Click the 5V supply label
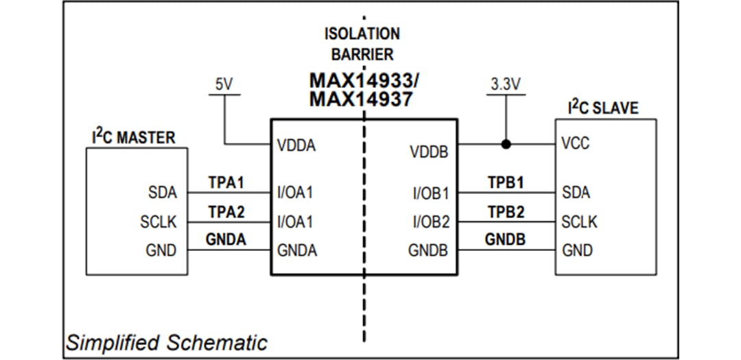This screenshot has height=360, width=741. (224, 85)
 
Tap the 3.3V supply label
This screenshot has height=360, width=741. (506, 85)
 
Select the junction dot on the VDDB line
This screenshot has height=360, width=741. (506, 145)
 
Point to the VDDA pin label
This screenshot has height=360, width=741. (296, 145)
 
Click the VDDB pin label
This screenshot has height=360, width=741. (429, 152)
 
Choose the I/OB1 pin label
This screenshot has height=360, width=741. (430, 193)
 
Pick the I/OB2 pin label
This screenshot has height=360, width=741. (430, 222)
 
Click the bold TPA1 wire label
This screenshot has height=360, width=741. (226, 184)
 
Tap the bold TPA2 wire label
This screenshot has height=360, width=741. (226, 213)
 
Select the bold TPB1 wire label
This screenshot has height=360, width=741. (506, 184)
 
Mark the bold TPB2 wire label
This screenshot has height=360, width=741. (506, 213)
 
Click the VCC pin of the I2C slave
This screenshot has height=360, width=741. (575, 145)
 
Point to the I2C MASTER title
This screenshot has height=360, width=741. (133, 136)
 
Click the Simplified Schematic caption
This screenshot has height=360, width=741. (167, 342)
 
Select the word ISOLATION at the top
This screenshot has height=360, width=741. (362, 34)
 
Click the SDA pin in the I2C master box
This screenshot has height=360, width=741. (162, 193)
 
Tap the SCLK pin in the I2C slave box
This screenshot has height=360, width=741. (579, 222)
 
